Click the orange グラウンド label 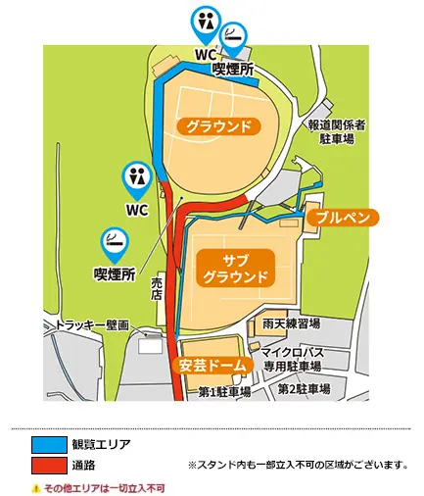click(219, 126)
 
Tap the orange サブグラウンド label click(235, 267)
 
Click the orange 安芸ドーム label click(208, 365)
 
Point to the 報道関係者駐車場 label click(336, 132)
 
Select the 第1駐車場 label click(224, 390)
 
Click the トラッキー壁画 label click(91, 324)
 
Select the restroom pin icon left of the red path click(135, 176)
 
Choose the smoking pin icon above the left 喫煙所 click(114, 239)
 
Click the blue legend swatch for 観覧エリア click(48, 443)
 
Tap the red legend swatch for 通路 click(48, 463)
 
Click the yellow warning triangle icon click(35, 486)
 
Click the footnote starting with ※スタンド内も click(297, 464)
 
